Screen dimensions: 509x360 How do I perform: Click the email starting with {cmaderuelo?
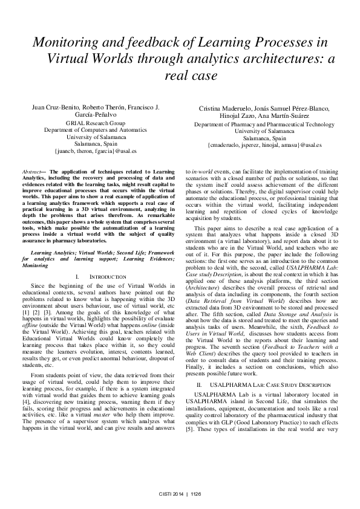click(x=264, y=146)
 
